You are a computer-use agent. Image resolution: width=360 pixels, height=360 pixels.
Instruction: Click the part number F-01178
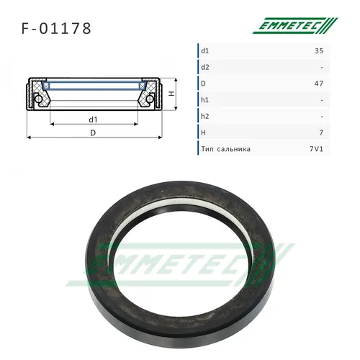pyautogui.click(x=56, y=29)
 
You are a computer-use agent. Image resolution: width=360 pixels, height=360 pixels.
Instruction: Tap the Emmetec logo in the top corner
pyautogui.click(x=295, y=25)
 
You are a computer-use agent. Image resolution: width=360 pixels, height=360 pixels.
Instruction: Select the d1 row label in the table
pyautogui.click(x=205, y=51)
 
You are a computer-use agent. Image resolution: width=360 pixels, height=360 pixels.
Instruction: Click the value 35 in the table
pyautogui.click(x=319, y=51)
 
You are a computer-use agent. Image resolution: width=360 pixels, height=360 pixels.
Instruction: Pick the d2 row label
pyautogui.click(x=205, y=67)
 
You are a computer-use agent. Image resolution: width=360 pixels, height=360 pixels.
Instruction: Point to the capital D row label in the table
pyautogui.click(x=203, y=84)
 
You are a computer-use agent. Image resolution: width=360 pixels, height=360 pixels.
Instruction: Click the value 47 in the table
pyautogui.click(x=319, y=84)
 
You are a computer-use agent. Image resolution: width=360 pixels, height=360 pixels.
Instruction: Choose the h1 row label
pyautogui.click(x=204, y=100)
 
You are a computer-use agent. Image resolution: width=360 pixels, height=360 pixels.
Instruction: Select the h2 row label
pyautogui.click(x=205, y=116)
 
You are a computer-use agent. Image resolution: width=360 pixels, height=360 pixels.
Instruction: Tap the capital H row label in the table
pyautogui.click(x=203, y=132)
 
